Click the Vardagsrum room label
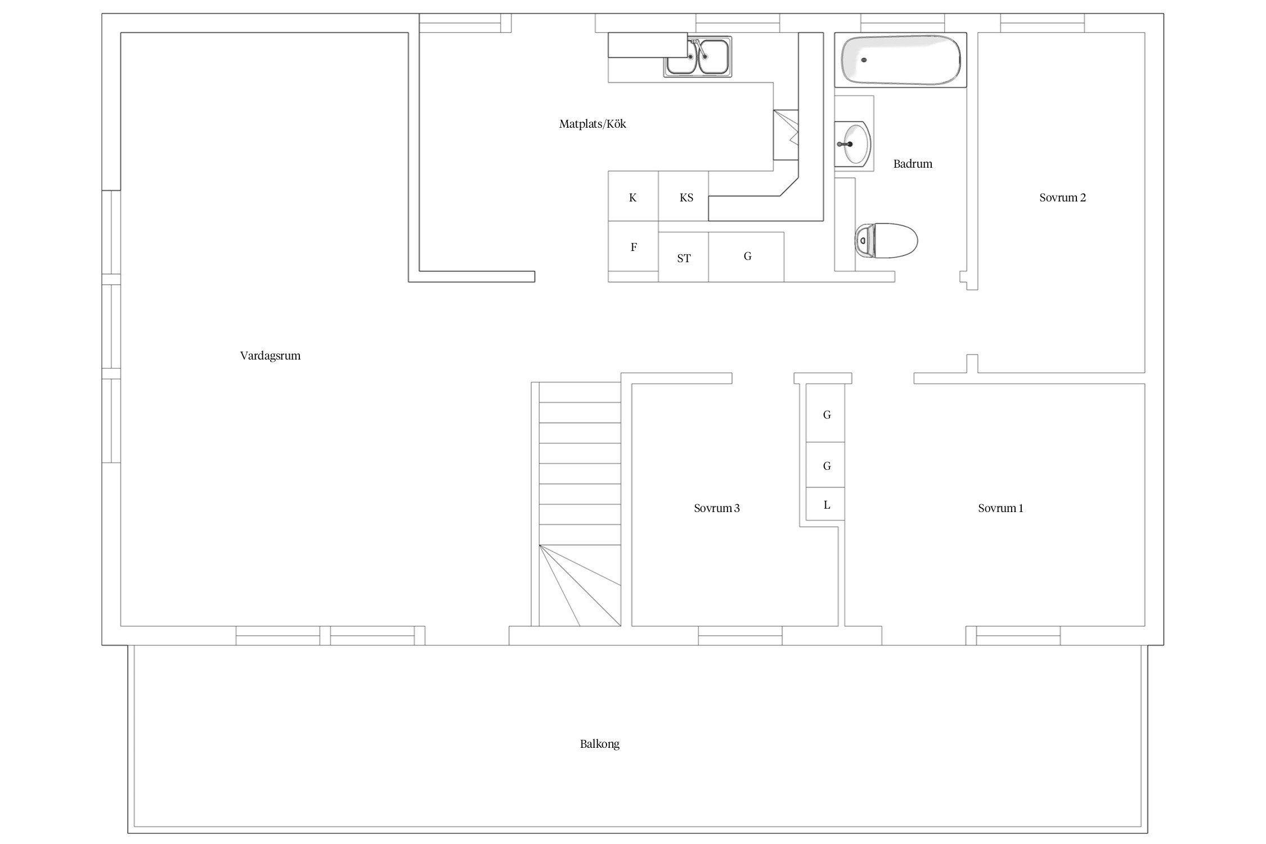[270, 356]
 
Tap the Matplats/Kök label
[592, 124]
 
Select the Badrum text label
[913, 164]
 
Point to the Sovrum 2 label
[1062, 197]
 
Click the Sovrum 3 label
[716, 508]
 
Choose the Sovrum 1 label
[1000, 508]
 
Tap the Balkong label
[600, 744]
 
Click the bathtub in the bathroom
[900, 60]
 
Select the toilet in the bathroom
[886, 241]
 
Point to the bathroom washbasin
[853, 144]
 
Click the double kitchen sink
[698, 56]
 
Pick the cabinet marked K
[633, 196]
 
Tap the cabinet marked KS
[683, 196]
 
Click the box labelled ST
[683, 257]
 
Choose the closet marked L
[825, 504]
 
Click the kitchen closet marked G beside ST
[746, 257]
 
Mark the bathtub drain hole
[864, 60]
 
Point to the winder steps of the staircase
[580, 585]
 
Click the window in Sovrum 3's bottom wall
[740, 635]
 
